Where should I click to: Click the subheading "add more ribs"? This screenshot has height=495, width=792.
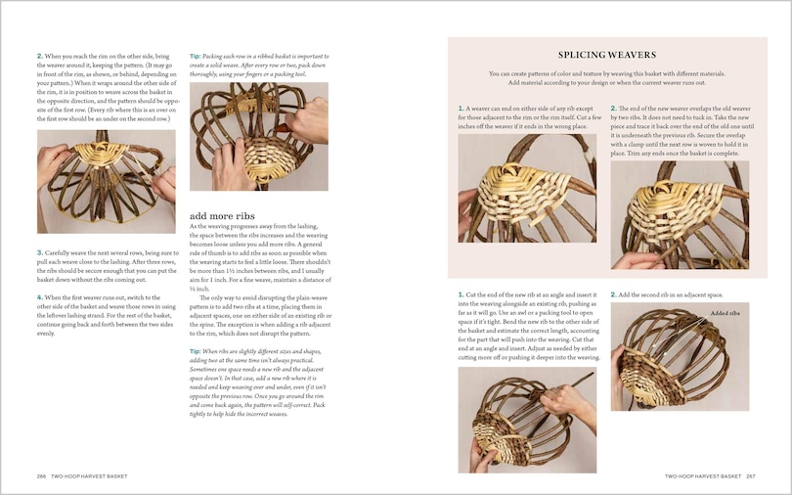coord(222,214)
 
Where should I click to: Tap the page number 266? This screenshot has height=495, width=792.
coord(42,476)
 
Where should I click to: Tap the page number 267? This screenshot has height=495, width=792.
coord(750,476)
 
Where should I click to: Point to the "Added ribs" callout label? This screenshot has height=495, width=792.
coord(725,313)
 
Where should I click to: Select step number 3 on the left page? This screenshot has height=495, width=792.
coord(39,252)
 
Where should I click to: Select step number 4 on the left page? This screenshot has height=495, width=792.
coord(39,296)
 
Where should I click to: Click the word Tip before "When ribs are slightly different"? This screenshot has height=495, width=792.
coord(195,349)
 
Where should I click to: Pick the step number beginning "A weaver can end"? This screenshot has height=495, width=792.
coord(461,109)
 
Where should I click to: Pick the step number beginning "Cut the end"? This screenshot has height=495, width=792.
coord(461,294)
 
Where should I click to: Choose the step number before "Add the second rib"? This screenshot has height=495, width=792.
coord(613,294)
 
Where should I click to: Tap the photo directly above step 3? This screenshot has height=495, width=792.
coord(106,181)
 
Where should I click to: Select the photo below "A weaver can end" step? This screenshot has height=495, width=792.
coord(526,188)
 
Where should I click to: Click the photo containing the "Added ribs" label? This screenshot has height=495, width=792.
coord(680,355)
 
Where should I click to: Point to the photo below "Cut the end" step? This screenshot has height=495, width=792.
coord(526,420)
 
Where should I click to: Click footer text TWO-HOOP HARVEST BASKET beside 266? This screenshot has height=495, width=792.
coord(90,476)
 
